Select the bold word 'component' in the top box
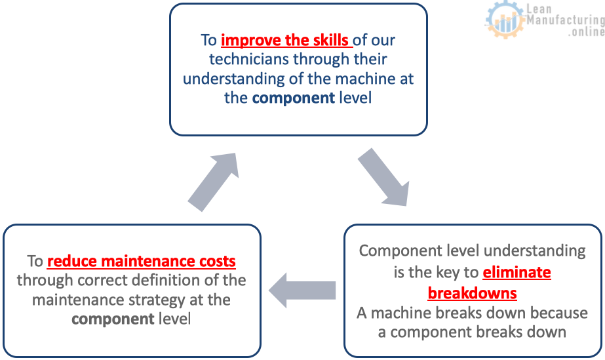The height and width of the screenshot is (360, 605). coord(294,98)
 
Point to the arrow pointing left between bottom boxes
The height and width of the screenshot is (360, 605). coord(302,290)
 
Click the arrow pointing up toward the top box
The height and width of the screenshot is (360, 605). coord(214,182)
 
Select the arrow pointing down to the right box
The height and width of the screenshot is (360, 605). coord(383,176)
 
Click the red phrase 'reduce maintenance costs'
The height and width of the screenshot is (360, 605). coord(141,261)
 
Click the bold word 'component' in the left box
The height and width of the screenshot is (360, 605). coord(113,319)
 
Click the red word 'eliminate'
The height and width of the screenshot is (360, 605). coord(517,272)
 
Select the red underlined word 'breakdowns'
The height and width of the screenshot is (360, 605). coord(473,293)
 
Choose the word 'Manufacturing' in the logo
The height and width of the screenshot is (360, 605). coord(566,20)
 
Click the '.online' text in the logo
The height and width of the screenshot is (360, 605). coord(586,31)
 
